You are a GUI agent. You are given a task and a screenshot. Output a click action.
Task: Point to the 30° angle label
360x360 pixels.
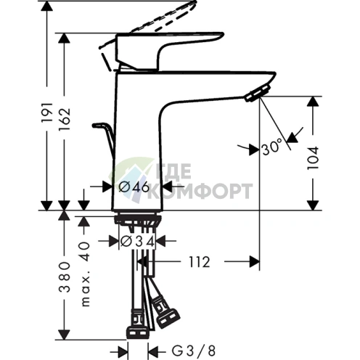click(x=271, y=148)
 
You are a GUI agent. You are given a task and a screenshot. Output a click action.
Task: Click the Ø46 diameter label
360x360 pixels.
click(x=134, y=187)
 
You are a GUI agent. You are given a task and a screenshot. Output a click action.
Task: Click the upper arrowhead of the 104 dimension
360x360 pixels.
click(x=313, y=102)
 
